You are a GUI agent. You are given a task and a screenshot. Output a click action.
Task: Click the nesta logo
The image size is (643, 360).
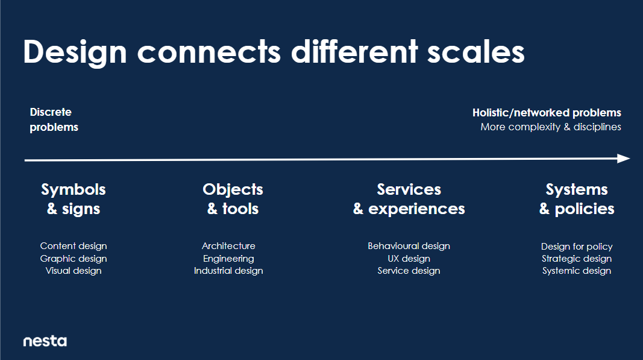(45, 341)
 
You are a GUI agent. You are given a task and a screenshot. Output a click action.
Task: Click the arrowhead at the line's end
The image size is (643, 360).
(624, 159)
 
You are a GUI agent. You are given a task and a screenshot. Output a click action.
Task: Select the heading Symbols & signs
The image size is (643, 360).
(74, 199)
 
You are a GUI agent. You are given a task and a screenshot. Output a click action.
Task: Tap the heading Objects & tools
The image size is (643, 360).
(233, 199)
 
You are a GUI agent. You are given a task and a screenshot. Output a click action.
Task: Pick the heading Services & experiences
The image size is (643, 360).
(409, 199)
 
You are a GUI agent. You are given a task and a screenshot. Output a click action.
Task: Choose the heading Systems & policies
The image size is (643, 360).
(577, 199)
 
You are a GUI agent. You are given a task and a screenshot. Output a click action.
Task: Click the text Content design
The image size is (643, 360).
(74, 246)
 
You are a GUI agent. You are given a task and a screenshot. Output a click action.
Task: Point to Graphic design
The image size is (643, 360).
(74, 259)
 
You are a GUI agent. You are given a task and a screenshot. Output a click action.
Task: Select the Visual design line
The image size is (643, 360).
(74, 271)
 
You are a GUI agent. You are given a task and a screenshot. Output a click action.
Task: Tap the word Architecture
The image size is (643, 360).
(228, 246)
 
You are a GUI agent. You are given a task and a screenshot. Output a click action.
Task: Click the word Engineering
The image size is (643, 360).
(228, 259)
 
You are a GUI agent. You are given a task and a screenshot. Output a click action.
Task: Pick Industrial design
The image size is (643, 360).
(228, 271)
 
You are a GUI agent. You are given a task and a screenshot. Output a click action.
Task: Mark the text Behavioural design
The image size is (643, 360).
(409, 246)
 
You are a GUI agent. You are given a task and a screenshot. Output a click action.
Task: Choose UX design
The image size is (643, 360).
(409, 259)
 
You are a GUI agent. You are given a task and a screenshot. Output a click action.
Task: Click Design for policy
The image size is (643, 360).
(577, 246)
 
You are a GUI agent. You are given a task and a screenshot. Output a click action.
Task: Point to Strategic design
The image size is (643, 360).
(577, 259)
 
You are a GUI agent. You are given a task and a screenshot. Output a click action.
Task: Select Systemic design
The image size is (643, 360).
(577, 271)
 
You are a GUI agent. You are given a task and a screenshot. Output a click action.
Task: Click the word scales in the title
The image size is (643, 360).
(475, 52)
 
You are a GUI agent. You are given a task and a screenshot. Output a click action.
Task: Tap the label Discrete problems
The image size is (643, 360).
(54, 119)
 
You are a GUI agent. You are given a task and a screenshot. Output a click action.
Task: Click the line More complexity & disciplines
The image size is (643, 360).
(551, 127)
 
